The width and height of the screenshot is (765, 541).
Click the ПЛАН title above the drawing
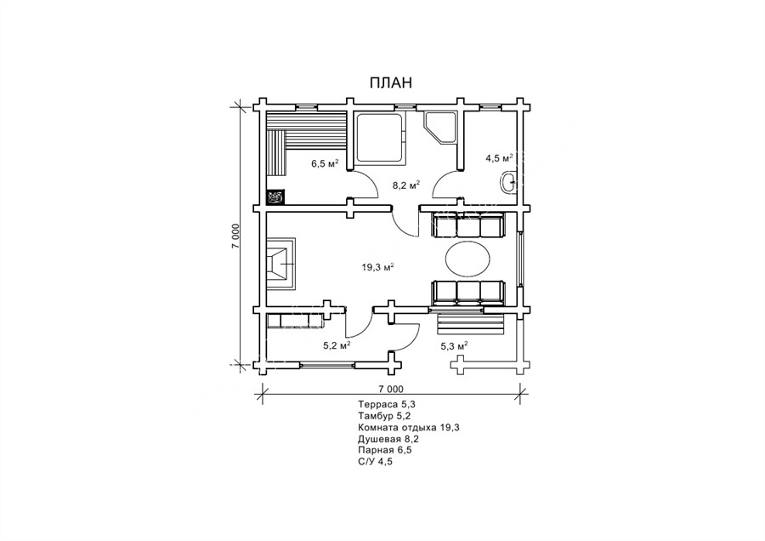click(390, 83)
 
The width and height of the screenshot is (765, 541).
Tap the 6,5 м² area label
click(325, 163)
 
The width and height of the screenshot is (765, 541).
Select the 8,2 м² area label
click(406, 185)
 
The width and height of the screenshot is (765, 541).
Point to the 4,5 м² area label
click(499, 158)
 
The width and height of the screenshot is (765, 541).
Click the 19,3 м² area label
click(377, 267)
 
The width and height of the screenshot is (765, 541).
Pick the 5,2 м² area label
click(337, 345)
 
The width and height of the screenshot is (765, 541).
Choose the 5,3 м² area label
click(454, 346)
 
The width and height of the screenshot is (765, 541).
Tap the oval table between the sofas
click(467, 260)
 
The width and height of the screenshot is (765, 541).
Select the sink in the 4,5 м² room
click(508, 183)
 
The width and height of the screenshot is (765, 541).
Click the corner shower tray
click(440, 128)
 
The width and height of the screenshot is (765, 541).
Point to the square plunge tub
click(378, 138)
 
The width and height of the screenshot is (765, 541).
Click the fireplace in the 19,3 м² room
click(280, 264)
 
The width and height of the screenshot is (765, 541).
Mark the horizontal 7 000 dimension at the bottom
click(391, 389)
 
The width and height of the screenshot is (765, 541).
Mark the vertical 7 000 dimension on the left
click(236, 236)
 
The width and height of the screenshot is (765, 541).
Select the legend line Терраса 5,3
click(387, 405)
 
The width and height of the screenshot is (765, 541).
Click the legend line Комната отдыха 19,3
click(409, 428)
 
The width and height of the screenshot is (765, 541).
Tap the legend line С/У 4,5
click(375, 461)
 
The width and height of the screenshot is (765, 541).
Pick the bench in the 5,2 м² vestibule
click(295, 321)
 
